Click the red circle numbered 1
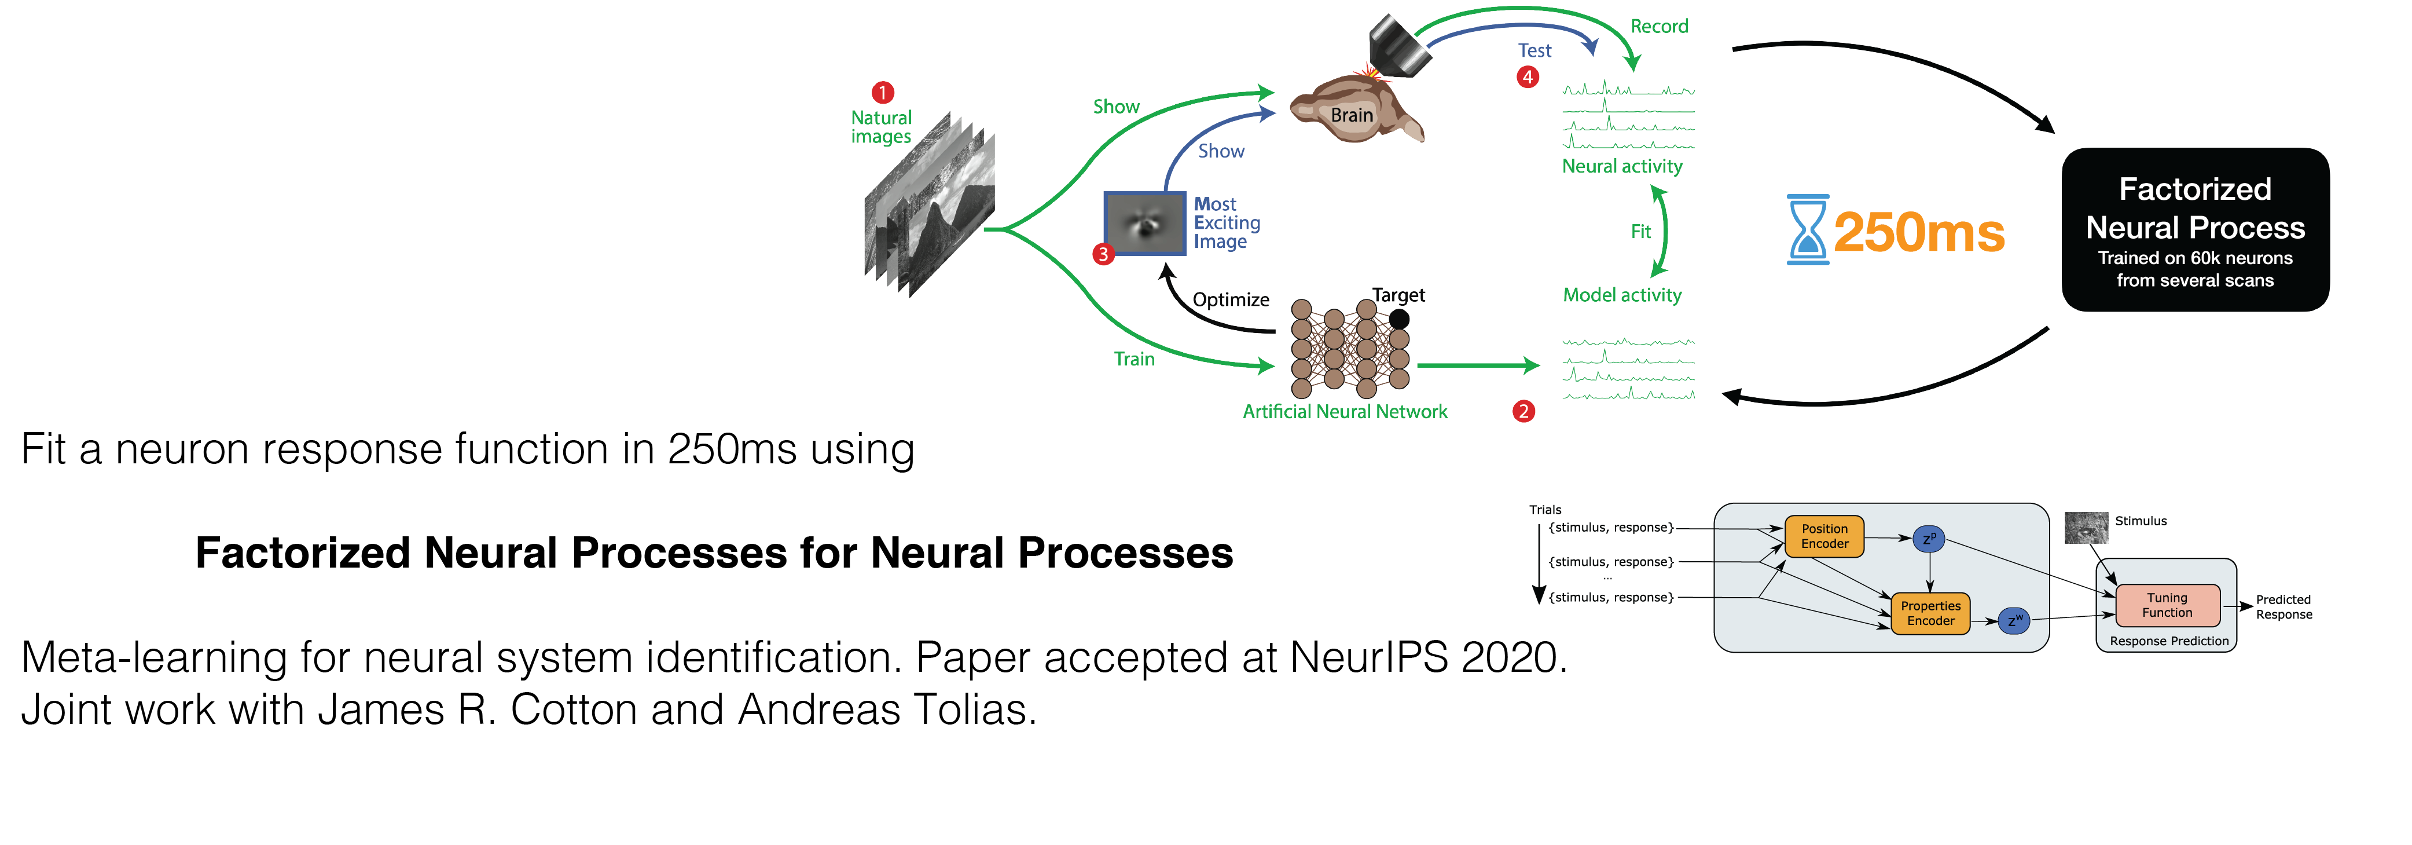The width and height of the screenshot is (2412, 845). click(882, 93)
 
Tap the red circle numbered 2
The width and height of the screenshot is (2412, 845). click(1523, 411)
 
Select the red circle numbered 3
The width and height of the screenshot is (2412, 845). click(1104, 254)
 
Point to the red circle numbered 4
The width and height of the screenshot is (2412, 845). click(1527, 77)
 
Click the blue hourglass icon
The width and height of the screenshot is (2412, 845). click(1807, 229)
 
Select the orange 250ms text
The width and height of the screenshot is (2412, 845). click(1919, 232)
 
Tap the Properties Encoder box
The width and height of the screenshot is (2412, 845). click(1930, 613)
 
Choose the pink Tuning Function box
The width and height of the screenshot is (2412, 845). click(2167, 605)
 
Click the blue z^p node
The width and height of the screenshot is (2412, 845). click(1929, 539)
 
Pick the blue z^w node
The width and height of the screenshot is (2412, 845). click(2013, 620)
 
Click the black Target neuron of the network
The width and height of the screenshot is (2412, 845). click(1399, 319)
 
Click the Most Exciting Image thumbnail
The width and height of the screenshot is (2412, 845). click(1144, 223)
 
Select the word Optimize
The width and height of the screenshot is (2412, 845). click(1231, 300)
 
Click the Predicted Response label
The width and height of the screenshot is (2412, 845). click(2283, 607)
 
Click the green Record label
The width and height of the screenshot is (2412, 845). click(1659, 26)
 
